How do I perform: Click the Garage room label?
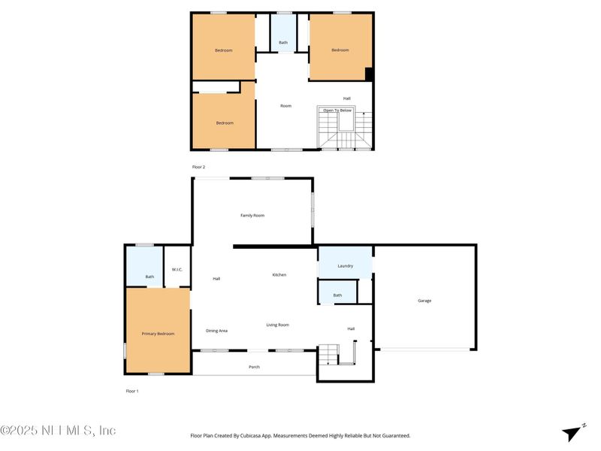[x=424, y=301]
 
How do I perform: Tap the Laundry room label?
[x=346, y=266]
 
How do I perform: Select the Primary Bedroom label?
[x=158, y=333]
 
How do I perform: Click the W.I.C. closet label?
[x=177, y=270]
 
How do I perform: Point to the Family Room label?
[x=252, y=216]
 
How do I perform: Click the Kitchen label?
[x=279, y=275]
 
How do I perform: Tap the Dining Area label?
[x=216, y=331]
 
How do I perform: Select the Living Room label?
[x=277, y=325]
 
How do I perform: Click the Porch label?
[x=254, y=367]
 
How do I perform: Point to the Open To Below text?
[x=337, y=110]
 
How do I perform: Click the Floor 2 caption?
[x=198, y=167]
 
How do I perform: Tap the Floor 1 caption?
[x=132, y=392]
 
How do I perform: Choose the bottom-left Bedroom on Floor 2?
[x=225, y=123]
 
